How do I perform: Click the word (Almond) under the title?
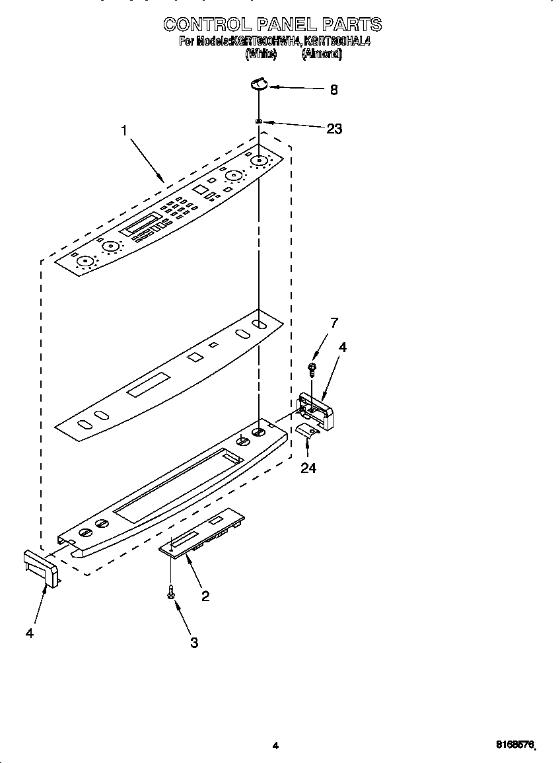(322, 55)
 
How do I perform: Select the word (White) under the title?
(260, 55)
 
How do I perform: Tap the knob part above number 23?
(258, 83)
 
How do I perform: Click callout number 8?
(333, 91)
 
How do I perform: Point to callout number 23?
(334, 129)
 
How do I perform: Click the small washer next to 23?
(260, 121)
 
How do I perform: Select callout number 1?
(123, 130)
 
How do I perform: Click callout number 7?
(334, 323)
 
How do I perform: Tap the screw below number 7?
(312, 366)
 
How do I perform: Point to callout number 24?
(308, 468)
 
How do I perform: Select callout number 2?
(205, 596)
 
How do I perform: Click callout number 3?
(194, 642)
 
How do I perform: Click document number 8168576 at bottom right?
(514, 745)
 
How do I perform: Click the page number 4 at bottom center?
(275, 745)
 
